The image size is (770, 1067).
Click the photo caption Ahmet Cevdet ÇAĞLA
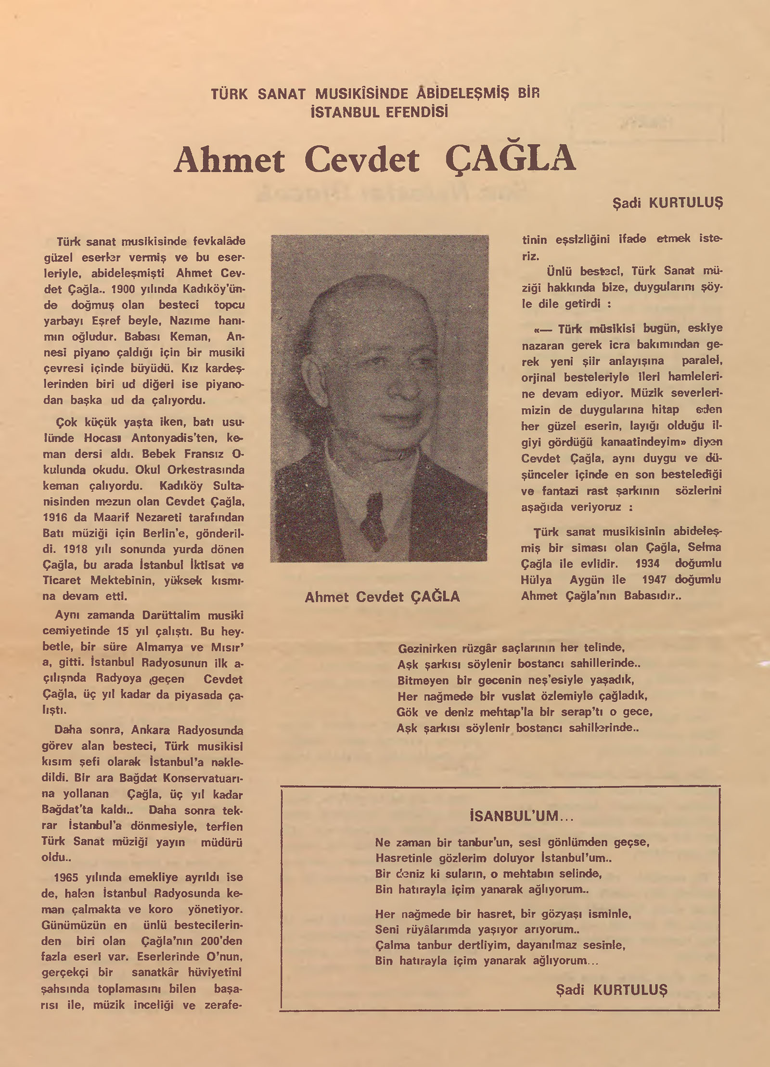pos(382,597)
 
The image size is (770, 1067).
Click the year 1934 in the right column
pos(647,564)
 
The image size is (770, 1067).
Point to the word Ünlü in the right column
pos(558,271)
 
